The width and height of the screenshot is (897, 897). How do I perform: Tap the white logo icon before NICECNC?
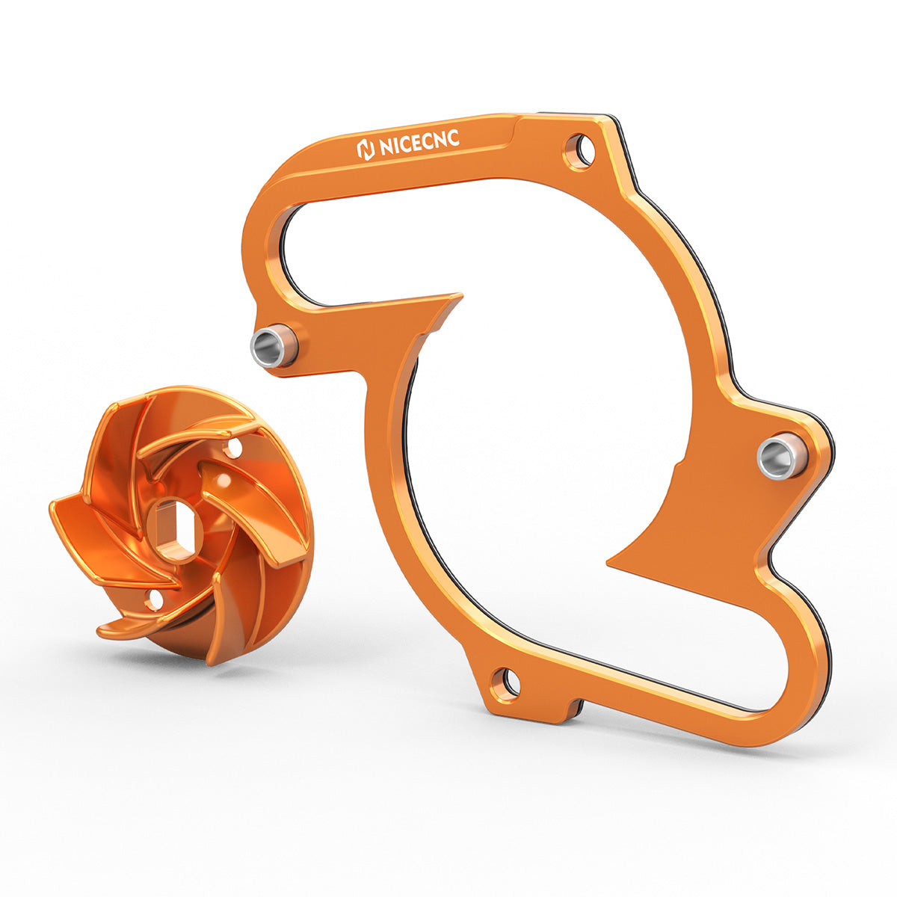(366, 149)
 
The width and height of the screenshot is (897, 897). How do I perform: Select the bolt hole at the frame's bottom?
(507, 682)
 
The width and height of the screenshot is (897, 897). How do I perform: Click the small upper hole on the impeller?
(234, 449)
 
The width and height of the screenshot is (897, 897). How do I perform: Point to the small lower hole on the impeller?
(154, 599)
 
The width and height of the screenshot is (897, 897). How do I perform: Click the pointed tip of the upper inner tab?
(457, 297)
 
